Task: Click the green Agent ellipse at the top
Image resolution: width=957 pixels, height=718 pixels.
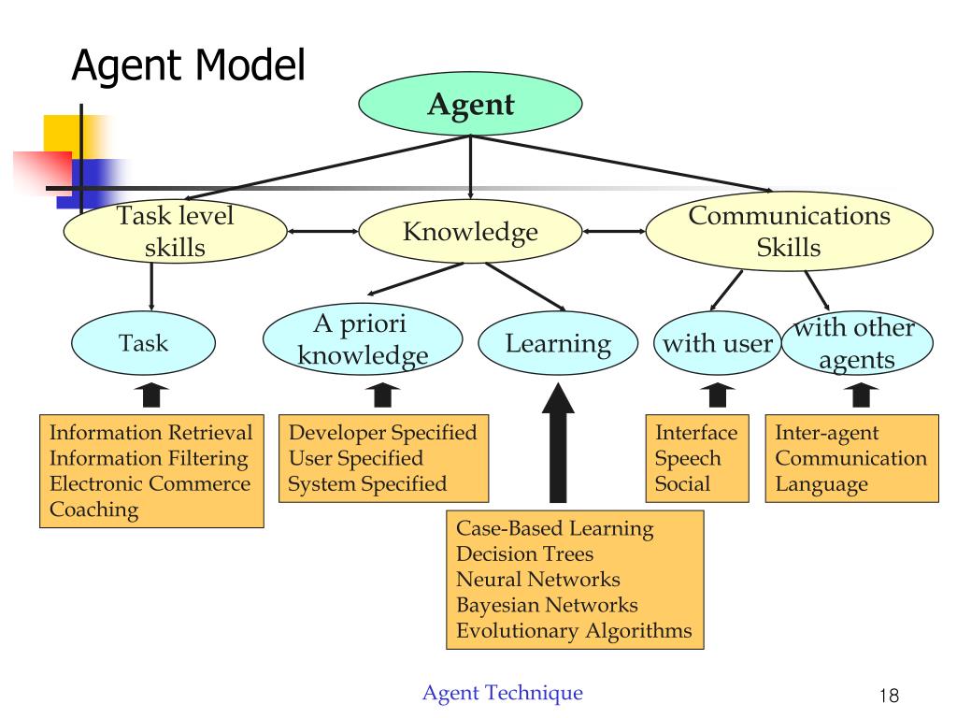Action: (470, 104)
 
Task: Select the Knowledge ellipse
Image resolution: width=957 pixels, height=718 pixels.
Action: (470, 232)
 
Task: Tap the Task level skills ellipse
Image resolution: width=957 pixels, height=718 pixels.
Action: (175, 231)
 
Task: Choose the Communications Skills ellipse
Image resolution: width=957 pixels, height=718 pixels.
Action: (789, 231)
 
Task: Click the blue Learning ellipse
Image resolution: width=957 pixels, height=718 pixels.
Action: (558, 343)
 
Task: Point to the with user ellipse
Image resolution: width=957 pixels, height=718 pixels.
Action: (717, 343)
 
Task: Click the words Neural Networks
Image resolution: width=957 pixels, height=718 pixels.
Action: (537, 580)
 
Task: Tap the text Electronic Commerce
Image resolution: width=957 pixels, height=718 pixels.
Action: (150, 484)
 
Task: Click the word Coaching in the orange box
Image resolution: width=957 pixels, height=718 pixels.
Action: (93, 510)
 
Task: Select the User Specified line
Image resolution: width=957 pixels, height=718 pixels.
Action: (355, 458)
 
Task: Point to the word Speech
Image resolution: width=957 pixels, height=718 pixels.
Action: (688, 458)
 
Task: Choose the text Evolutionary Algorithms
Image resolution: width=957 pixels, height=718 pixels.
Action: (574, 630)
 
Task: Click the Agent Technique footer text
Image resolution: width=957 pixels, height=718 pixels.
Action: (503, 693)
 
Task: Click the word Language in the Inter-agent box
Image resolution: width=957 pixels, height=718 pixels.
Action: (821, 484)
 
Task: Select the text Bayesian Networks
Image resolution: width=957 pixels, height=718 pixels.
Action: (547, 605)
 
